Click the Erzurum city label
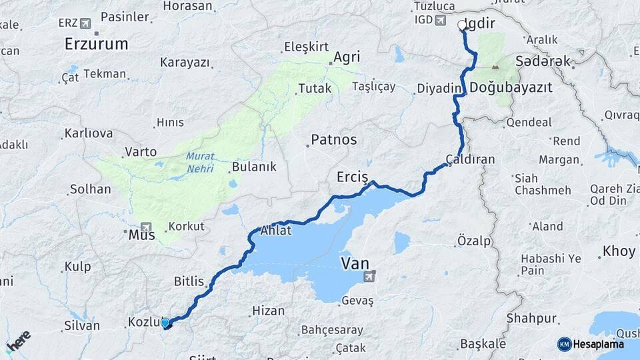[96, 45]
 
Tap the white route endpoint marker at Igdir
[462, 25]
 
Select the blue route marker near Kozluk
[165, 323]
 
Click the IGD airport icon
[440, 20]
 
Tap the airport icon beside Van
[371, 275]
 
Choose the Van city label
[355, 263]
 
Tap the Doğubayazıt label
[510, 87]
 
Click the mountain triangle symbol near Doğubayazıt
[495, 67]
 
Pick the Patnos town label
[333, 140]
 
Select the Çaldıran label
[471, 160]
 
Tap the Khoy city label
[619, 251]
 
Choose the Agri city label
[347, 57]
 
